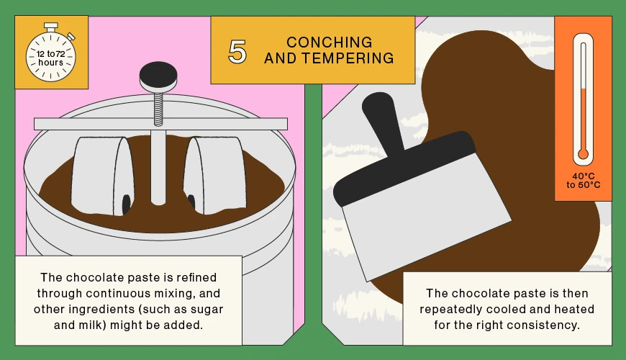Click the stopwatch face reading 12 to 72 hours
click(50, 57)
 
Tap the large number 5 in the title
click(237, 52)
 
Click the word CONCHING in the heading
click(330, 42)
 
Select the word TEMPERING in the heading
click(348, 58)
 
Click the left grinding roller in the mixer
click(103, 176)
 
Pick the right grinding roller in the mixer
click(215, 176)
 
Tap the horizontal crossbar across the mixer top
click(160, 124)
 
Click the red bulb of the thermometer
click(583, 154)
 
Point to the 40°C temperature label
click(584, 176)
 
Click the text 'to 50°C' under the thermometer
click(584, 185)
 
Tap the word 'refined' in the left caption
click(196, 277)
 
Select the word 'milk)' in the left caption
click(92, 325)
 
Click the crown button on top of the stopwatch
click(50, 27)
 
